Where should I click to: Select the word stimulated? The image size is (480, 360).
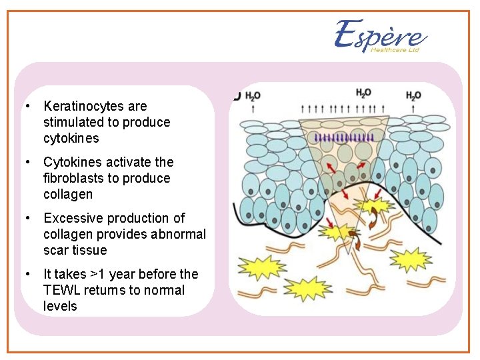tap(73, 122)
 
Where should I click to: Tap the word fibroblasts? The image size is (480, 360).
tap(71, 178)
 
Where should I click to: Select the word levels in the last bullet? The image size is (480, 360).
tap(60, 306)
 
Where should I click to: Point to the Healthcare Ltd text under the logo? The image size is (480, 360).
tap(395, 50)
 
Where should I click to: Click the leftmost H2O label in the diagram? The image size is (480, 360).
tap(253, 96)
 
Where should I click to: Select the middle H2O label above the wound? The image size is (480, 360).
tap(363, 93)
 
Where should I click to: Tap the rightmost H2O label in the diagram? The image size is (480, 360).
tap(413, 96)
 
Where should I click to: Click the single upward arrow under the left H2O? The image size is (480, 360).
tap(252, 108)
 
